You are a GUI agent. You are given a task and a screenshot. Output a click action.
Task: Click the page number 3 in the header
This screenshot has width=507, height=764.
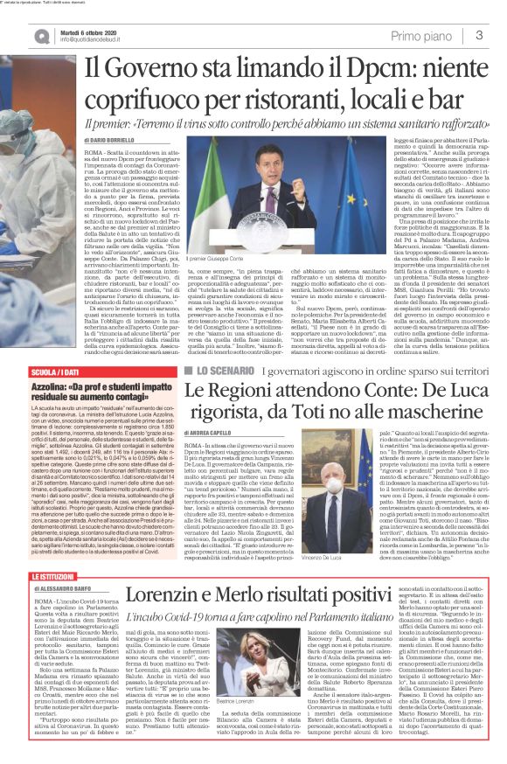pyautogui.click(x=479, y=34)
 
